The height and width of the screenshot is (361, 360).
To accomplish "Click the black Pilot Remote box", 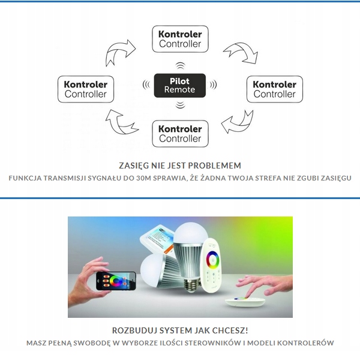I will pos(180,85).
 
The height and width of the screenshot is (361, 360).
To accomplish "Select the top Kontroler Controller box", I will pos(180,38).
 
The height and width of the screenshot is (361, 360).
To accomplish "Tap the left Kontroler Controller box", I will pos(86,89).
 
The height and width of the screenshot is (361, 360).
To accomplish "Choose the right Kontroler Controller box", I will pos(275,89).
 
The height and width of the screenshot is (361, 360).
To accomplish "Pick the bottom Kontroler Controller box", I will pos(180,133).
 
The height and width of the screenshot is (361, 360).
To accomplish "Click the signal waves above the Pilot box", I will pos(180,65).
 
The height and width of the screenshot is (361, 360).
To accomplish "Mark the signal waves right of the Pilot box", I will pos(213,85).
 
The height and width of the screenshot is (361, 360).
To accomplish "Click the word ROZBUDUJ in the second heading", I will pos(133,330).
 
